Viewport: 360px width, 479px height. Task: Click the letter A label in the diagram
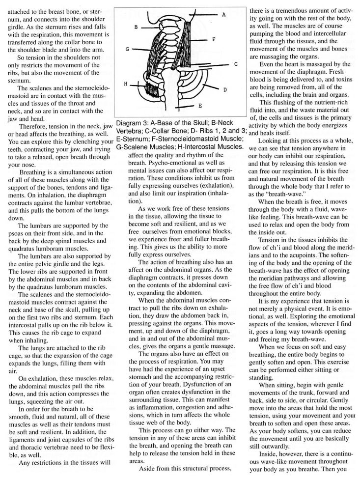(x=223, y=15)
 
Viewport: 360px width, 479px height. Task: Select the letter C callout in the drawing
(x=236, y=64)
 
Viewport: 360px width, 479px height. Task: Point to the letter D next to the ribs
(x=224, y=90)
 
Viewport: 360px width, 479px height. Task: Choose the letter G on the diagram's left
(x=127, y=49)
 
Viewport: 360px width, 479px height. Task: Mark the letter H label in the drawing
(x=126, y=84)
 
